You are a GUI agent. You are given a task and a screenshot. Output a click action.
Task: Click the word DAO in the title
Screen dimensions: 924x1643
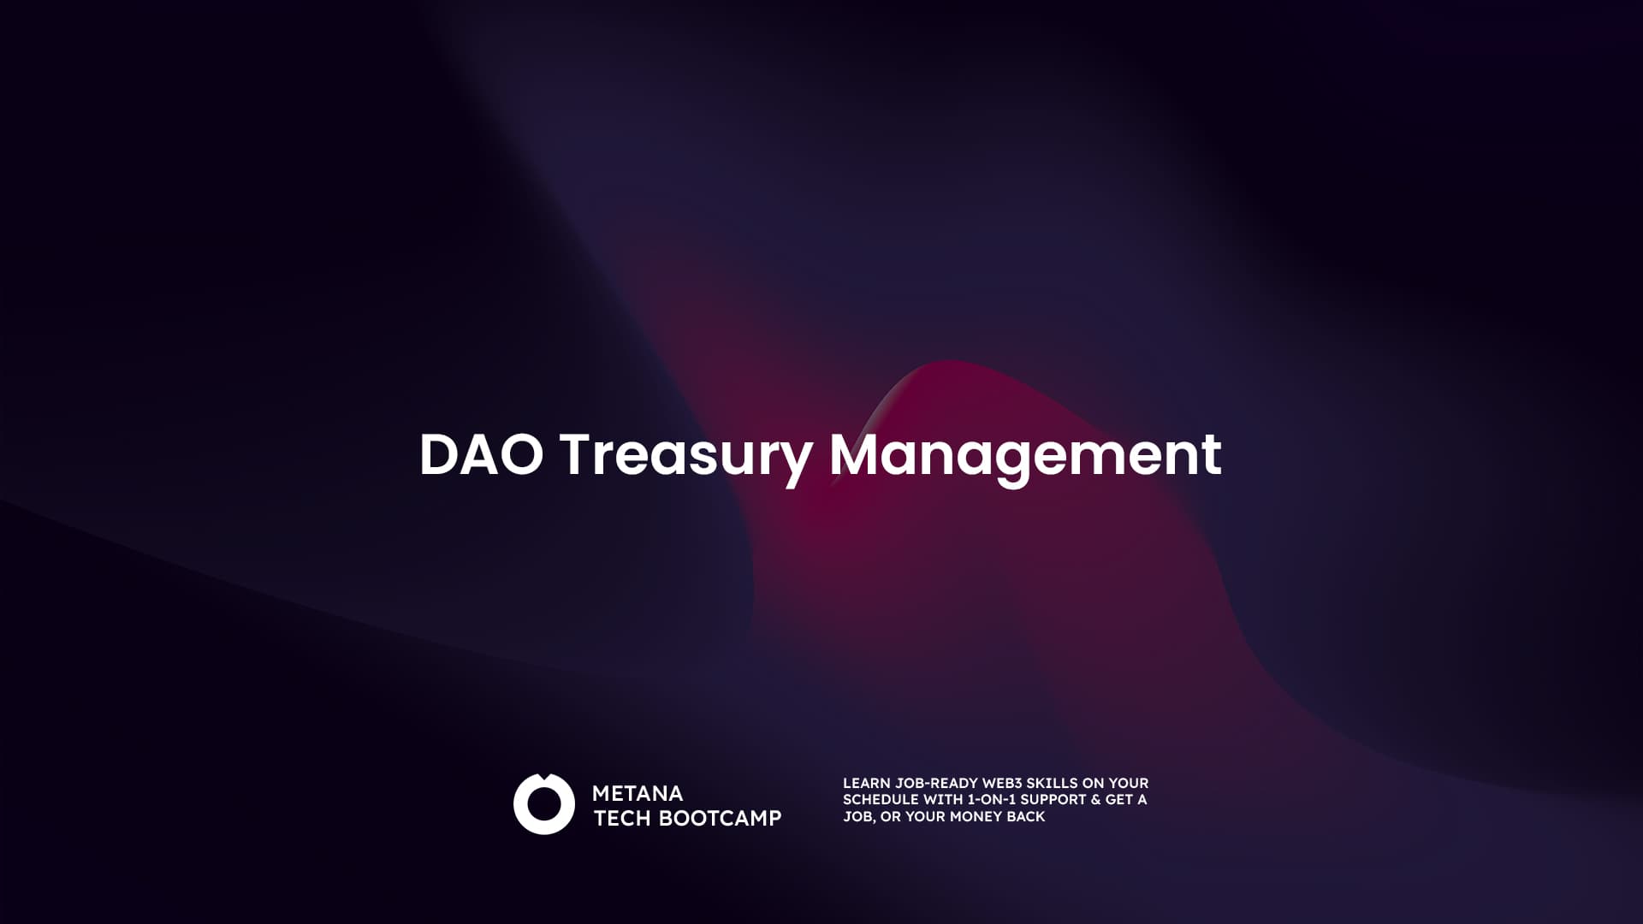(481, 454)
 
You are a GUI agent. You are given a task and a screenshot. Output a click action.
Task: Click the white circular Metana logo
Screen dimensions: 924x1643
(543, 804)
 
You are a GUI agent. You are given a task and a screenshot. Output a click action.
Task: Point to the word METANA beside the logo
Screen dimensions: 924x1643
(638, 793)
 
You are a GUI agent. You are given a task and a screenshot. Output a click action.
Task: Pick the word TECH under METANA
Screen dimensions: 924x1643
(622, 818)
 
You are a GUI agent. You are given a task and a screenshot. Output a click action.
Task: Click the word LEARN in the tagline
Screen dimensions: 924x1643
(866, 783)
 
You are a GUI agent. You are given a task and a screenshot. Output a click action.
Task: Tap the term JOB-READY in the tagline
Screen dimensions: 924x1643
(936, 783)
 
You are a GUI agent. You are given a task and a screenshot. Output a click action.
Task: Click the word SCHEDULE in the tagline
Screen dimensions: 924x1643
(880, 799)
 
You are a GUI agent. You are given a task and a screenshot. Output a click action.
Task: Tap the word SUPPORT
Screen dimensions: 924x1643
(1053, 799)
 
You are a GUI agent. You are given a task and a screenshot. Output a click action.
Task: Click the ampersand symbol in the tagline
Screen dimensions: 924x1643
(1095, 799)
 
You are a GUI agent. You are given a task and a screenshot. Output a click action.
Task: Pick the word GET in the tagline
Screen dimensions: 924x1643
(1118, 799)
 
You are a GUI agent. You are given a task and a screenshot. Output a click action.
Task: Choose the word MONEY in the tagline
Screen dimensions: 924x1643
(976, 816)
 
